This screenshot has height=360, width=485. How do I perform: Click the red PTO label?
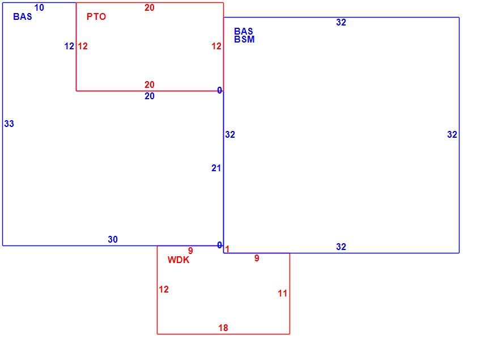pos(96,16)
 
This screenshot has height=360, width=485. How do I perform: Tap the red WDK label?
pos(178,260)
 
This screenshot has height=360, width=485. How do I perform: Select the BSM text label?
pos(244,39)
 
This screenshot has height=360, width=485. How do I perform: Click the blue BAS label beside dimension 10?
pos(23,16)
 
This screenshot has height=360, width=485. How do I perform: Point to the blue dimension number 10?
pos(39,7)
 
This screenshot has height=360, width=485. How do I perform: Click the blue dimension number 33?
pos(9,124)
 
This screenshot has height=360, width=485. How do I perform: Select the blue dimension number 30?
pos(113,239)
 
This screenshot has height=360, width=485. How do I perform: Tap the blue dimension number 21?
pos(216,168)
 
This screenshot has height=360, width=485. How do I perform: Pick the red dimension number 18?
pos(223,328)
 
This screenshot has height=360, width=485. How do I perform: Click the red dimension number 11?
pos(282,293)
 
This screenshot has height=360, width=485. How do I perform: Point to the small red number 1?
pos(227,249)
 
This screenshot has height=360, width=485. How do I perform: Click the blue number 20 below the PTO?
pos(150,96)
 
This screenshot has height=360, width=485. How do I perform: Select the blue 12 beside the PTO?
pos(69,46)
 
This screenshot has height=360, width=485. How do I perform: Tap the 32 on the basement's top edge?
pos(341,22)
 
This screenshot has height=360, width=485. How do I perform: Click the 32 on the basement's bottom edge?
pos(341,247)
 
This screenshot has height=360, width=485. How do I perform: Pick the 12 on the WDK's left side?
pos(164,290)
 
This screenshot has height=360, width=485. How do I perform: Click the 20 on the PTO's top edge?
pos(150,7)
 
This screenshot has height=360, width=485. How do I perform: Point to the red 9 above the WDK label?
pos(190,251)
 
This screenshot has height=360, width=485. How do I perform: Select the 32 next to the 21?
pos(230,135)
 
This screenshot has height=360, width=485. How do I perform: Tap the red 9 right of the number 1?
pos(257,258)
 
